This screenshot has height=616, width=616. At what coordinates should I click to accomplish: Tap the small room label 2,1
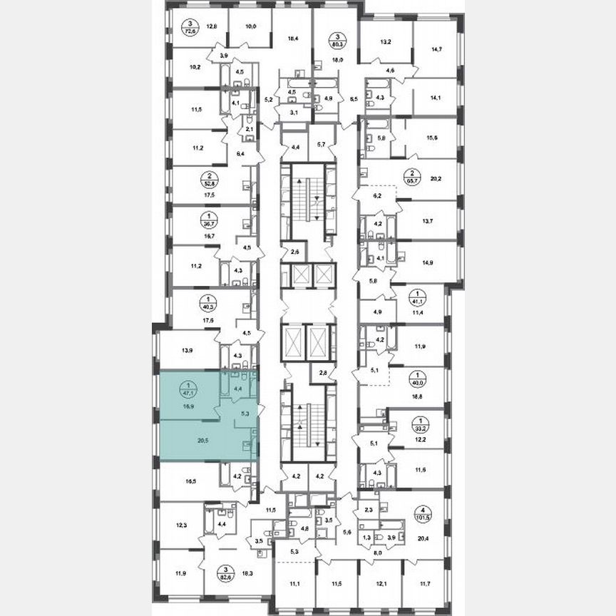coord(250,129)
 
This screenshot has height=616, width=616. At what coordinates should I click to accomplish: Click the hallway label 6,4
coord(240,153)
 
